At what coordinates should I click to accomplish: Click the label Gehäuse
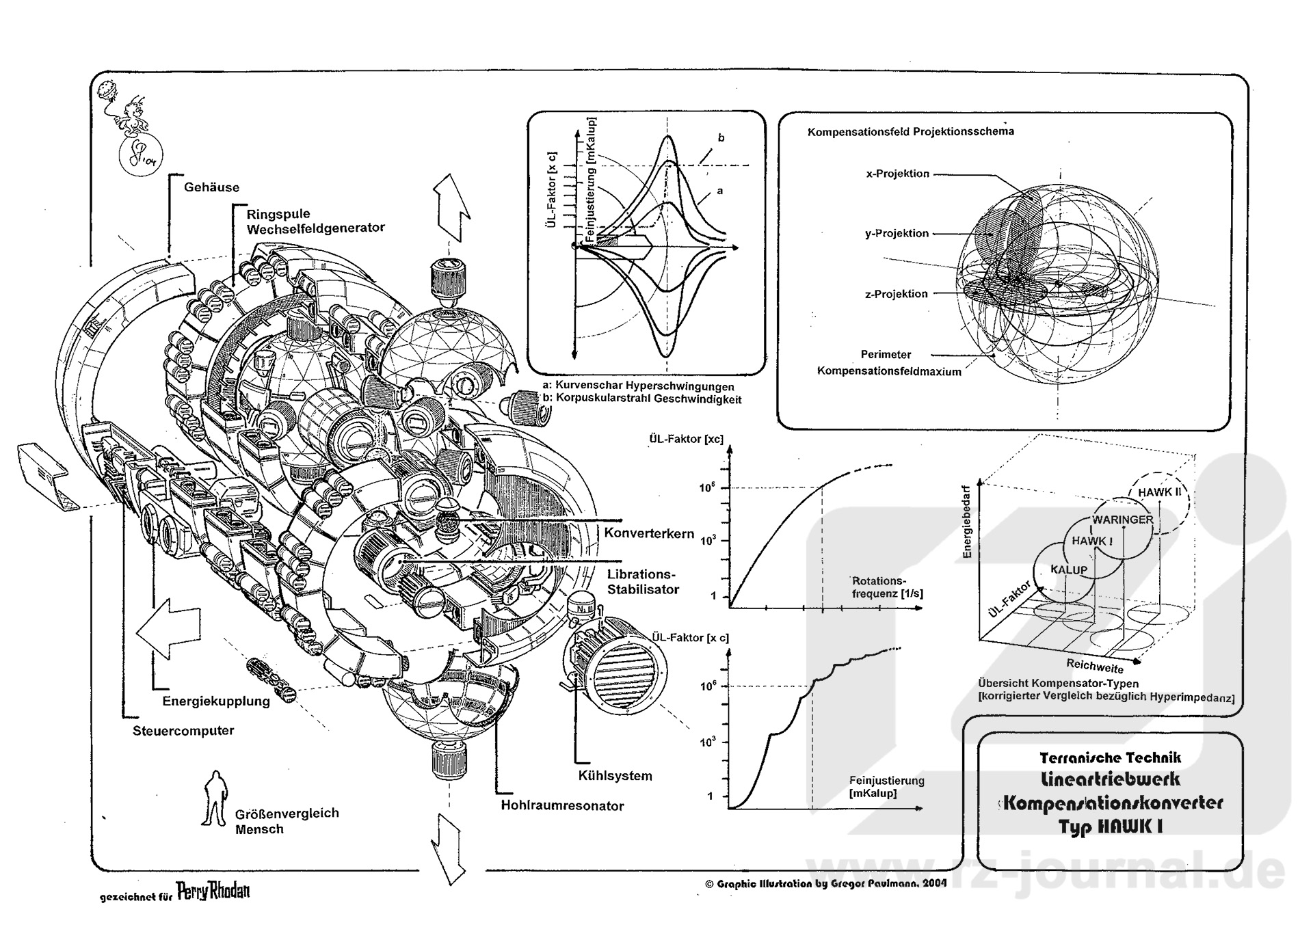(211, 187)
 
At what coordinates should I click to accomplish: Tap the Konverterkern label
(649, 533)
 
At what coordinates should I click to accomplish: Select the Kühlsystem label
(615, 776)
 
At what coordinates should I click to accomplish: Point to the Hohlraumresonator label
(562, 806)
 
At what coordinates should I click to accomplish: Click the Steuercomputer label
(183, 731)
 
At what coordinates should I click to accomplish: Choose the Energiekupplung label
(216, 701)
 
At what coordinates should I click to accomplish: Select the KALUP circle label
(1069, 570)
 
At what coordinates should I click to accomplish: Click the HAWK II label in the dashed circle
(1159, 492)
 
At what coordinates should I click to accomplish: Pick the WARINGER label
(1122, 520)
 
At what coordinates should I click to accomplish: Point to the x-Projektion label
(897, 174)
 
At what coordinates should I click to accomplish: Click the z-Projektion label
(896, 294)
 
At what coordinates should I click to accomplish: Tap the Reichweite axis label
(1094, 665)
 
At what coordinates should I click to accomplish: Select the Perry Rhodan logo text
(213, 891)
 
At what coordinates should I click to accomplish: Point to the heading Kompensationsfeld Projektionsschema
(910, 131)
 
